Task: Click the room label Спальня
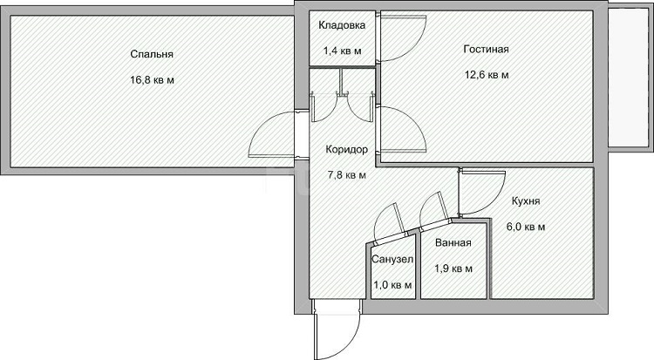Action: click(x=152, y=54)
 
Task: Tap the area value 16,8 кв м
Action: click(x=152, y=80)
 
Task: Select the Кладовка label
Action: click(x=342, y=25)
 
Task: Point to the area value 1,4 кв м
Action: click(x=342, y=51)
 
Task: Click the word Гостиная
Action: click(x=486, y=49)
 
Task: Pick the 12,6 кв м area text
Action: click(x=487, y=75)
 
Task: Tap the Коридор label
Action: click(x=346, y=150)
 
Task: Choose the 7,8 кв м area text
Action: click(x=346, y=175)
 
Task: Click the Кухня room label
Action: click(x=526, y=201)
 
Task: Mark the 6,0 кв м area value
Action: click(x=526, y=228)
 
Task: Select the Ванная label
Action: click(x=453, y=243)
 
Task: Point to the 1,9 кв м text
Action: click(x=453, y=268)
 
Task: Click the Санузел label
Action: click(x=392, y=260)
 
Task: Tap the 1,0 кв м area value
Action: click(x=392, y=285)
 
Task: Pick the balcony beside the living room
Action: click(x=628, y=78)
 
